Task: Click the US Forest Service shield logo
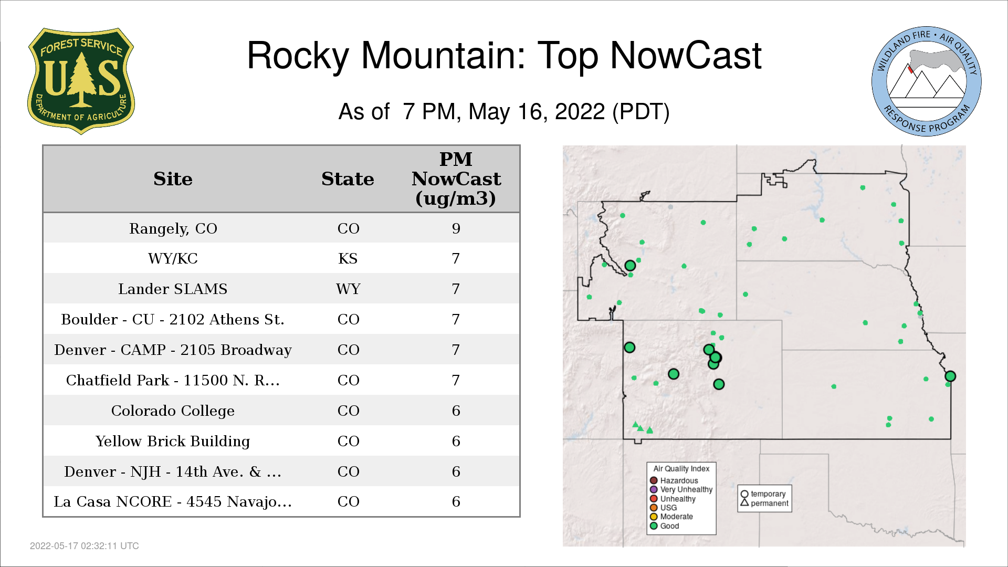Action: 81,81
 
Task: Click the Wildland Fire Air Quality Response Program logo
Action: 927,81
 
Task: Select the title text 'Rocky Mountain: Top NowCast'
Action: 504,56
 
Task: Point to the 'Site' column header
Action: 173,179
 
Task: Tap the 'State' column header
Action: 348,179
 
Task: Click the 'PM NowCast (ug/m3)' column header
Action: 456,178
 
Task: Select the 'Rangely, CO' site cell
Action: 173,229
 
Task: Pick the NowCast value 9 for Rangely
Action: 456,228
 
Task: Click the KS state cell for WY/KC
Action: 348,259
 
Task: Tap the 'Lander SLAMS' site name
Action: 173,289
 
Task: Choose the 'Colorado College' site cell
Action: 173,411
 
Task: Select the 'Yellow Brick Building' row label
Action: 173,442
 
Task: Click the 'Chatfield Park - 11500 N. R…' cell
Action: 173,381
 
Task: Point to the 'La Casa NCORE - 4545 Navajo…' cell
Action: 173,502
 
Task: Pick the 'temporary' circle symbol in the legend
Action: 744,494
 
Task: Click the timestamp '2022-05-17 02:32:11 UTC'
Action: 85,546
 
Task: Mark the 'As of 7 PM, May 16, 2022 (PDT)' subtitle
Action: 504,112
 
